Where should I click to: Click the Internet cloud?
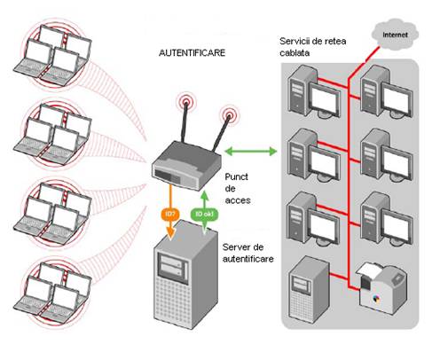pos(395,35)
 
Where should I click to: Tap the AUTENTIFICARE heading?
pos(192,53)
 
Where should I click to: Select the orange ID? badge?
pos(170,214)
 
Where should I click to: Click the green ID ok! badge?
pos(204,214)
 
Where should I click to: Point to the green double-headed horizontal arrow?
pos(251,152)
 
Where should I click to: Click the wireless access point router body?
pos(186,166)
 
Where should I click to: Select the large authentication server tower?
pos(185,274)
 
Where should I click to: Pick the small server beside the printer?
pos(309,286)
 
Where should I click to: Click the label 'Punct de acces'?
pos(238,189)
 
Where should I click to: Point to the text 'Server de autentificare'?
pos(248,253)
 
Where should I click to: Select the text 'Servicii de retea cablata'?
pos(313,47)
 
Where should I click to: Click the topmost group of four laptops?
pos(52,56)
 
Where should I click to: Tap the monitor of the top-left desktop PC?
pos(325,99)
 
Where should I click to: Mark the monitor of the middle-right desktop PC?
pos(397,162)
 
